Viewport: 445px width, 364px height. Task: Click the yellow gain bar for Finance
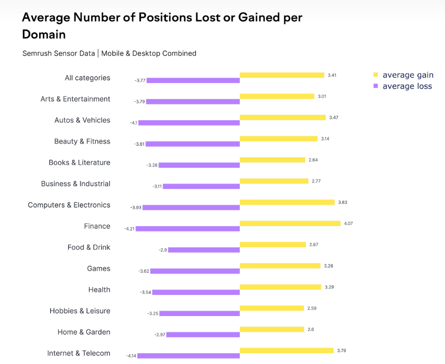(x=290, y=223)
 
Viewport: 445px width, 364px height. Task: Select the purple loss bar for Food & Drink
(x=204, y=250)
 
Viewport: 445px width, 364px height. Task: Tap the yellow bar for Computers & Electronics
(x=287, y=202)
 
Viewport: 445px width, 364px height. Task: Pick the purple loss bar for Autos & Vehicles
(x=189, y=123)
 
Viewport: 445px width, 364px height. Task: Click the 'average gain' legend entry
(x=407, y=75)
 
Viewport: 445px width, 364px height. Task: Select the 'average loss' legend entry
(x=407, y=86)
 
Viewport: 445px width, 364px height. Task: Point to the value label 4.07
(x=348, y=223)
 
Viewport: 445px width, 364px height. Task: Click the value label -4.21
(x=129, y=229)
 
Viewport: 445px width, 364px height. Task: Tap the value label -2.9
(x=163, y=250)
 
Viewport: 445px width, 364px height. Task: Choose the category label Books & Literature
(x=79, y=163)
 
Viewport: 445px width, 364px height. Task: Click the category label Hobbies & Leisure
(x=80, y=311)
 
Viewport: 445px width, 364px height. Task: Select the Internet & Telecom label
(x=78, y=353)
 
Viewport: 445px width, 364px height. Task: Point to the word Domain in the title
(x=44, y=35)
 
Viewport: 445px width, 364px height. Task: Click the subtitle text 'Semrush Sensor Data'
(x=59, y=53)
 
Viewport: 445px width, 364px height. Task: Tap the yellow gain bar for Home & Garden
(x=272, y=329)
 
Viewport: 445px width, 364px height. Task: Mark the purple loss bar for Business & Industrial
(x=201, y=186)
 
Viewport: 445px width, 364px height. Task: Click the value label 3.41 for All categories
(x=332, y=75)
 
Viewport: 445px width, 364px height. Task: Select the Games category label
(x=99, y=269)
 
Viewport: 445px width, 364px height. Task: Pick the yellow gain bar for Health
(x=281, y=287)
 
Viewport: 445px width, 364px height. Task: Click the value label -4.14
(x=131, y=356)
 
